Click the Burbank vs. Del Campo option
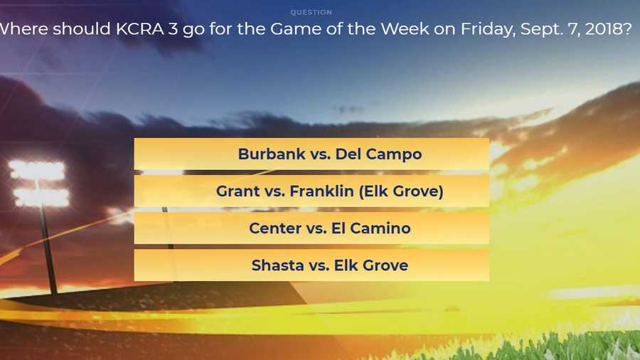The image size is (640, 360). point(311,154)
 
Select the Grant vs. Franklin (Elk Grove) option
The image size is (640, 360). point(311,191)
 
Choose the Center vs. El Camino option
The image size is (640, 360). point(311,228)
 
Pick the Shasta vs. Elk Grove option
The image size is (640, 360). point(311,265)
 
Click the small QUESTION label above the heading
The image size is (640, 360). point(311,12)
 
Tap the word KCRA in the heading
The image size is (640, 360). point(140,29)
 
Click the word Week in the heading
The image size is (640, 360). point(405,29)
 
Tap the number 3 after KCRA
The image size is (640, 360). point(173,29)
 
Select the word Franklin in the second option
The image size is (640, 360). point(321,191)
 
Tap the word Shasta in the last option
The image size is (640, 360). point(277,265)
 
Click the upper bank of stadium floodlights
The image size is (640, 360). point(37,170)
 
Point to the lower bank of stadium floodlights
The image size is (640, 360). point(41,197)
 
